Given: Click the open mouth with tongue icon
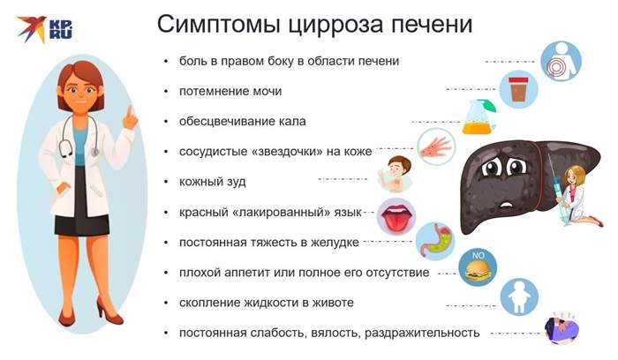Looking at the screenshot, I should [396, 213].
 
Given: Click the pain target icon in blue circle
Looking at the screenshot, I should [561, 62].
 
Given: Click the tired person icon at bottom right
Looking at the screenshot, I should [562, 328].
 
